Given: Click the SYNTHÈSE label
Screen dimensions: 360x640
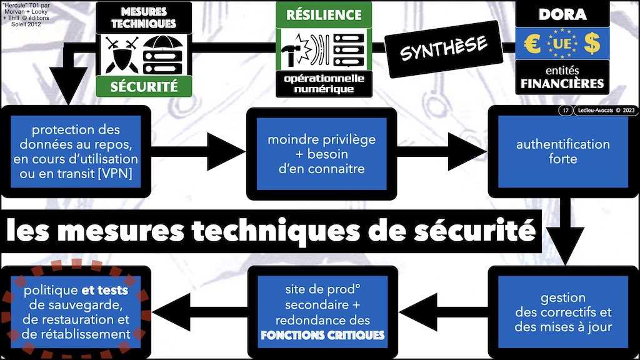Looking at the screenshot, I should tap(443, 46).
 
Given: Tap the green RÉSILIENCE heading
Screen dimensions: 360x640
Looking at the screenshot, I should tap(324, 14).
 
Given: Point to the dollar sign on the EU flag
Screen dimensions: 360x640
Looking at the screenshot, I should tap(591, 44).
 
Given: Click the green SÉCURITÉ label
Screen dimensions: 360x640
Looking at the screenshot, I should tap(144, 86).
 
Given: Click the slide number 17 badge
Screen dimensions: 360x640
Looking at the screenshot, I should tap(565, 111).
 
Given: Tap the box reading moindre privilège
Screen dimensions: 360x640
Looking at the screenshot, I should tap(322, 154).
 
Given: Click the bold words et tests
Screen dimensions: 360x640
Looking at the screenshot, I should tap(105, 291).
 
